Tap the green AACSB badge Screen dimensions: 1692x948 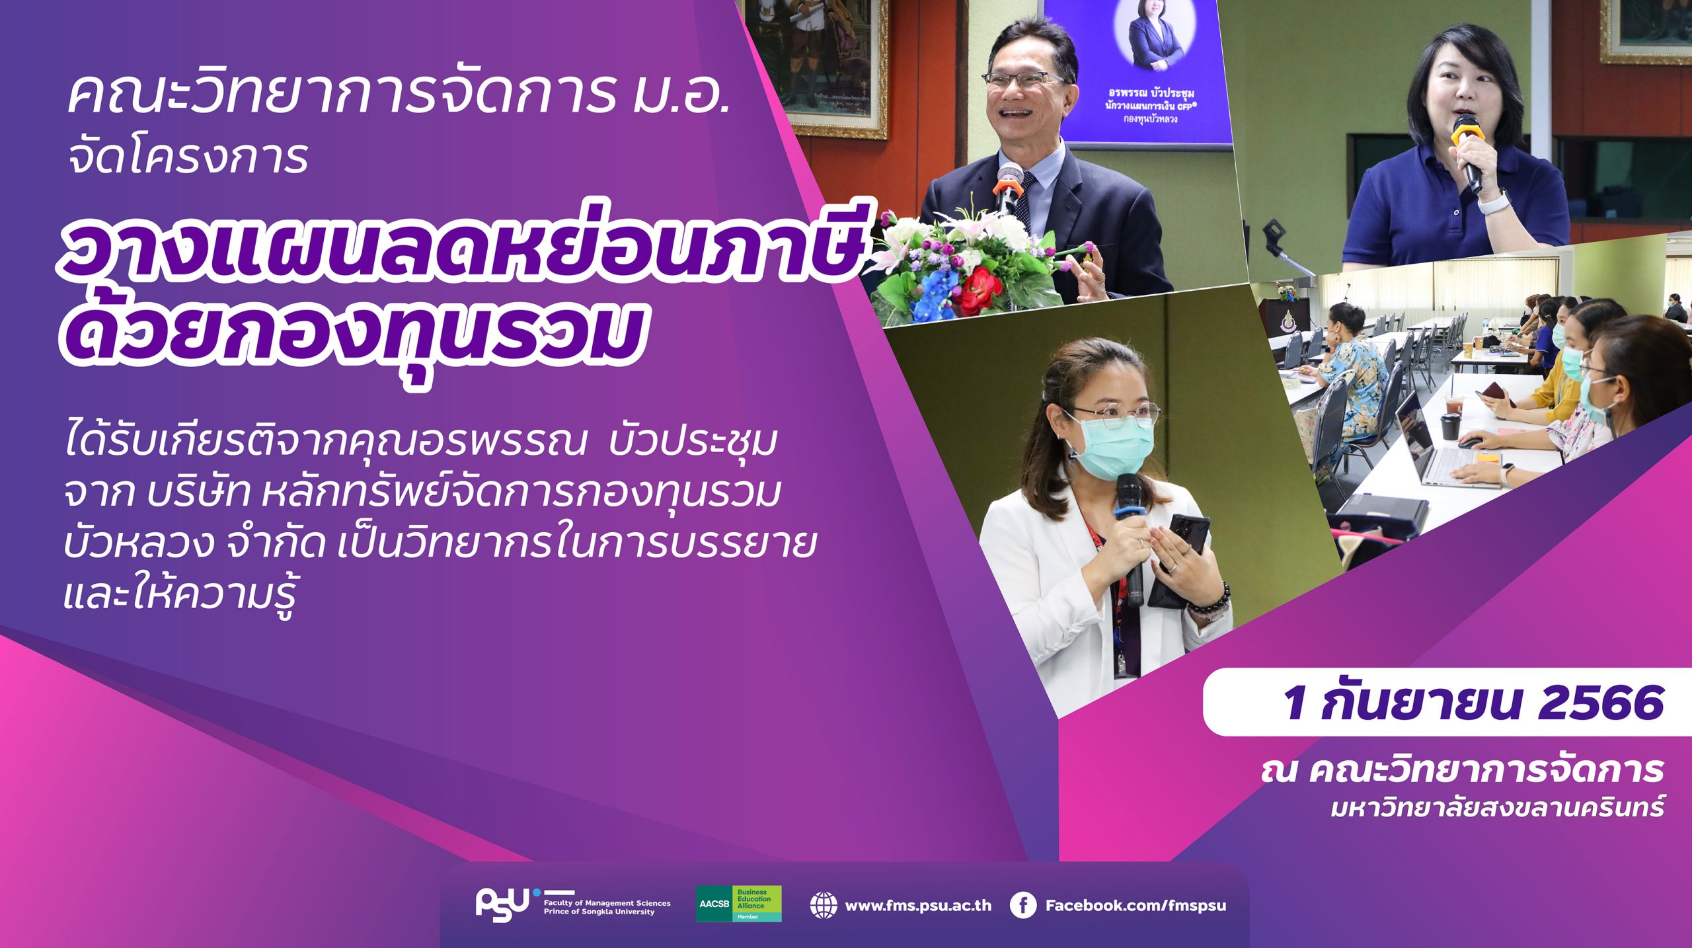point(738,904)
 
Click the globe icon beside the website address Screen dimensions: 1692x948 point(823,906)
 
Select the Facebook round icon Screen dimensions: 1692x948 point(1022,906)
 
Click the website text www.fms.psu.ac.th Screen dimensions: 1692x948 point(918,906)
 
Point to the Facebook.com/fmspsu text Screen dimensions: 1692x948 point(1135,906)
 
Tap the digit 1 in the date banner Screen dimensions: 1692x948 point(1294,702)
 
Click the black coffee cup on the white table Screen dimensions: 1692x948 point(1449,427)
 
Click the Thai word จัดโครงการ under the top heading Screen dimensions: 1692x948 point(188,157)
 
